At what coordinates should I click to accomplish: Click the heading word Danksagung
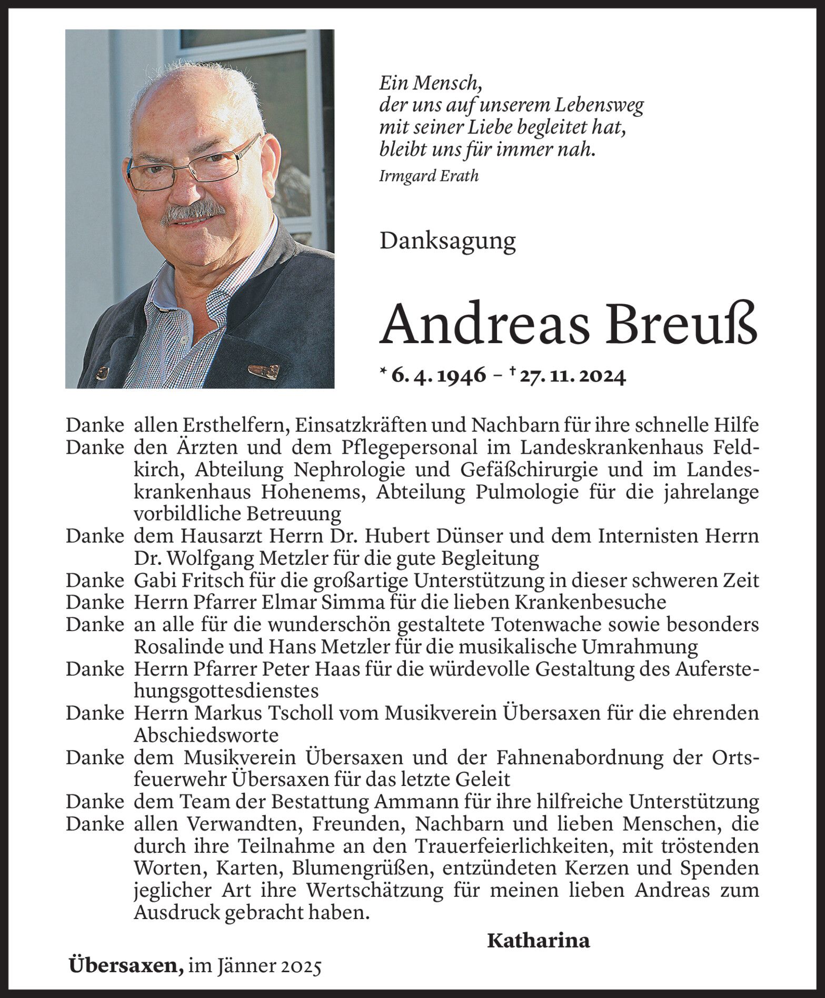click(448, 241)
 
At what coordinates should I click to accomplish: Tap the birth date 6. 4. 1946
click(438, 376)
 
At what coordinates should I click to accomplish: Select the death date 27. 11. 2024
click(573, 376)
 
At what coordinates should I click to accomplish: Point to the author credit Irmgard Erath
click(429, 176)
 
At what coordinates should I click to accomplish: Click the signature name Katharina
click(538, 941)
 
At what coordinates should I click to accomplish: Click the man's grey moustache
click(193, 212)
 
